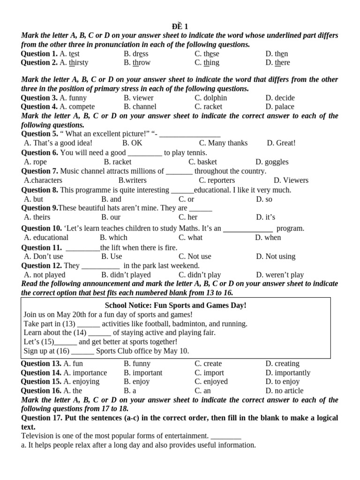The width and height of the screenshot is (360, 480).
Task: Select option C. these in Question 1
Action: [x=207, y=54]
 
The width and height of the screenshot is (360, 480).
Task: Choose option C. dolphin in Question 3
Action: [x=210, y=98]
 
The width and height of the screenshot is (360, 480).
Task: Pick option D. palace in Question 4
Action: [x=280, y=107]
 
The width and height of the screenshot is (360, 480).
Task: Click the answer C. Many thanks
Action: [x=223, y=143]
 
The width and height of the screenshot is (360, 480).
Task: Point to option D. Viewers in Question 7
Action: [x=291, y=180]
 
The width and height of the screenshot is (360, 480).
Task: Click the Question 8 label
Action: [x=39, y=190]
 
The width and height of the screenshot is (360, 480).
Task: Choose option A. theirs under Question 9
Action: [x=37, y=217]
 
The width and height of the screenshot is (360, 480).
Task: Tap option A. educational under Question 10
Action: [x=46, y=238]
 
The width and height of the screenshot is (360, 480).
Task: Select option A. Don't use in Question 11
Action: [x=44, y=256]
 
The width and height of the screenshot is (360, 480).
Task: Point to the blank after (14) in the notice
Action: [x=99, y=333]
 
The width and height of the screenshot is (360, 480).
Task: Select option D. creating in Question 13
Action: [x=282, y=364]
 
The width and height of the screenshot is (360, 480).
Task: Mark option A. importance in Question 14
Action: [x=85, y=373]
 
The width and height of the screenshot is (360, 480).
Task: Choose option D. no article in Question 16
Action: [x=284, y=391]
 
